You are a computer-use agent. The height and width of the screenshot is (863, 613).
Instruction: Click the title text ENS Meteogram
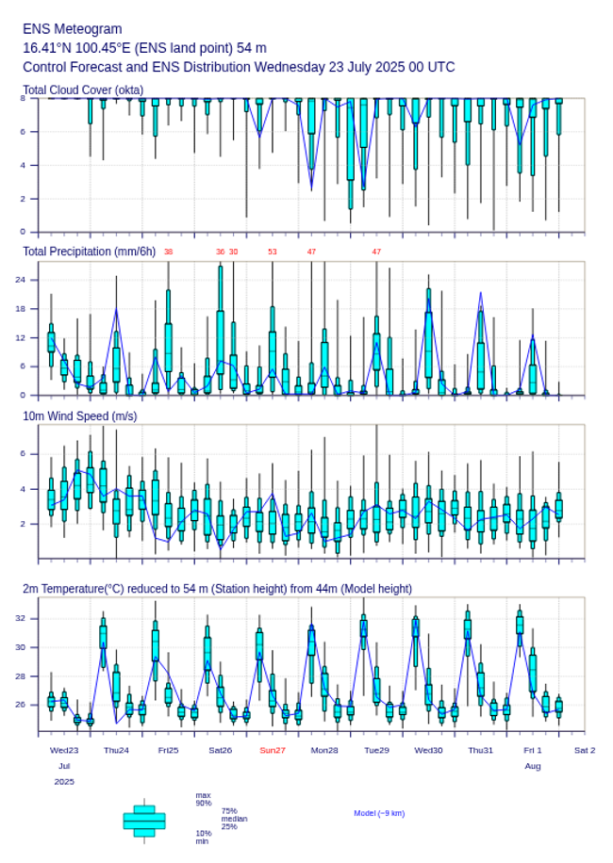click(x=72, y=29)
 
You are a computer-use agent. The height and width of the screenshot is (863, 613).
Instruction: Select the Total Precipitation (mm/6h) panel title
click(x=90, y=252)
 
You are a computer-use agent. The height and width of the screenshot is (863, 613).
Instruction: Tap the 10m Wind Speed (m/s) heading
click(x=80, y=415)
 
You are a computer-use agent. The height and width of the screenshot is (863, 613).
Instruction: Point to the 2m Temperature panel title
click(x=217, y=589)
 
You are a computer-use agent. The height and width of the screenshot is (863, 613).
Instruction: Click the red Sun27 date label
click(x=273, y=750)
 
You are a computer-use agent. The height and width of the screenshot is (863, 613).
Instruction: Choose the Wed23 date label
click(x=64, y=750)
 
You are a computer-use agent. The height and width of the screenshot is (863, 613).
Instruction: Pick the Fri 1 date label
click(x=533, y=750)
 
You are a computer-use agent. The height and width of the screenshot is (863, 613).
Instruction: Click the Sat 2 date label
click(x=585, y=750)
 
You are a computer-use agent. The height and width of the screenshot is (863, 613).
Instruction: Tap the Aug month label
click(x=533, y=766)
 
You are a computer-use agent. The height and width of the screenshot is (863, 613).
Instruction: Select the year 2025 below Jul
click(x=64, y=782)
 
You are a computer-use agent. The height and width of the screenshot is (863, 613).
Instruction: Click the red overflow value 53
click(x=273, y=252)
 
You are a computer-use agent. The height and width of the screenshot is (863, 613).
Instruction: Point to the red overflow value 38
click(x=168, y=252)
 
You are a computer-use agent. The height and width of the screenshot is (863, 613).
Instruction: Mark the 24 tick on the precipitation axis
click(x=32, y=280)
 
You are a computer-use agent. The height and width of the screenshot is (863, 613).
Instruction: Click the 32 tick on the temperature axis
click(x=32, y=618)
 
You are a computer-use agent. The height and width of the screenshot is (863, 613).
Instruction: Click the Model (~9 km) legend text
click(x=379, y=813)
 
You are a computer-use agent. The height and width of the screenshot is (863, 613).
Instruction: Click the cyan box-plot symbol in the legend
click(x=144, y=821)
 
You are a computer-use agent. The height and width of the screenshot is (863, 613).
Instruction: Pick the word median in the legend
click(x=234, y=819)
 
